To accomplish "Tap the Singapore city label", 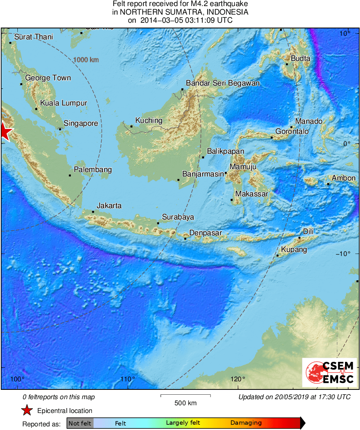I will click(x=81, y=123).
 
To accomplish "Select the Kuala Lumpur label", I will click(x=63, y=103).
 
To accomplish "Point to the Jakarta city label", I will click(x=109, y=206).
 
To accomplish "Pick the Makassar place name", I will click(x=251, y=194).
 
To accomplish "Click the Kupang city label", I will click(x=294, y=249).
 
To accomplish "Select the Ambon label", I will click(x=343, y=178).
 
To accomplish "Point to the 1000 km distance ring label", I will click(x=86, y=60).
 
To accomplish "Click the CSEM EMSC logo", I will click(x=330, y=372).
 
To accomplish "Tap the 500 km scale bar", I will click(x=185, y=396).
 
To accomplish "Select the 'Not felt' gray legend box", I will click(x=80, y=423).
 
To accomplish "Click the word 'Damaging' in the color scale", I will click(x=246, y=423).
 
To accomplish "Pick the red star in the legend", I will click(x=27, y=411).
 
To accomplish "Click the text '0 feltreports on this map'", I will click(x=59, y=397).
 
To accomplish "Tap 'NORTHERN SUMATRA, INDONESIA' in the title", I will click(x=180, y=13).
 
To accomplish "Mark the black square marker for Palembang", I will click(x=70, y=175).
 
